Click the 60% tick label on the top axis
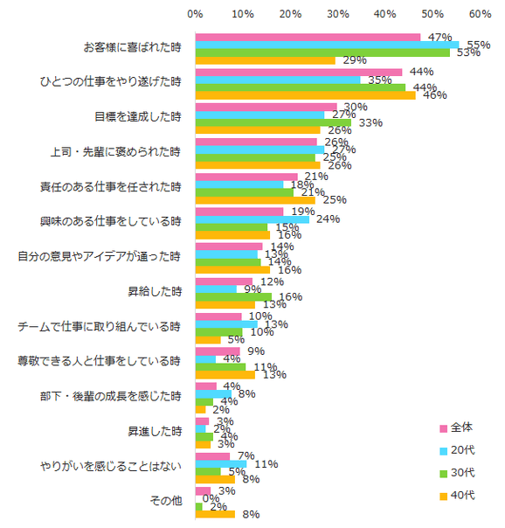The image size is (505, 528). (x=480, y=14)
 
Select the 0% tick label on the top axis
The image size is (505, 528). (x=196, y=14)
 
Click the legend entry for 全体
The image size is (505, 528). (x=463, y=427)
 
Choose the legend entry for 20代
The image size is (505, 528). (x=463, y=450)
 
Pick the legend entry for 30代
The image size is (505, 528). (x=463, y=473)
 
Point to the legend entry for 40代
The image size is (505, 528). (x=463, y=496)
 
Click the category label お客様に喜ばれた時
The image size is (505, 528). (x=132, y=46)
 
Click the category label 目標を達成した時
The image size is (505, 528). (x=138, y=116)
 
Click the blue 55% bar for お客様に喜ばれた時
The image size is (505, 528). (x=327, y=45)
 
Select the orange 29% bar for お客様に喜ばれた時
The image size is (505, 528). (x=265, y=60)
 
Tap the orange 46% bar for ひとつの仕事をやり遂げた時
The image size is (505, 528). (x=305, y=95)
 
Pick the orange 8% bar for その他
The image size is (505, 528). (x=215, y=514)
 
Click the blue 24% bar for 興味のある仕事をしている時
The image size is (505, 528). (x=252, y=219)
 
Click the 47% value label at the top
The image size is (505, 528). (x=439, y=38)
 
